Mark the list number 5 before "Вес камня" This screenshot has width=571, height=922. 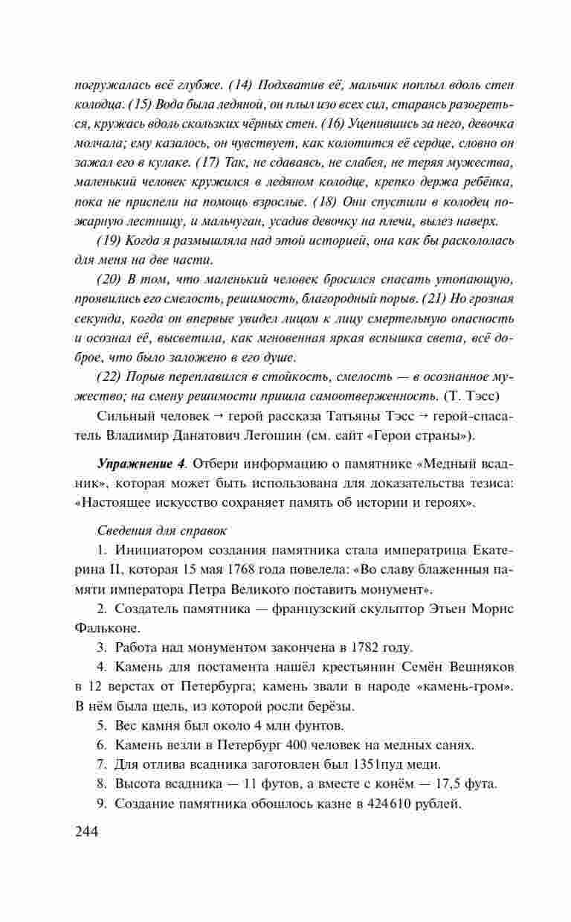coord(102,725)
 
